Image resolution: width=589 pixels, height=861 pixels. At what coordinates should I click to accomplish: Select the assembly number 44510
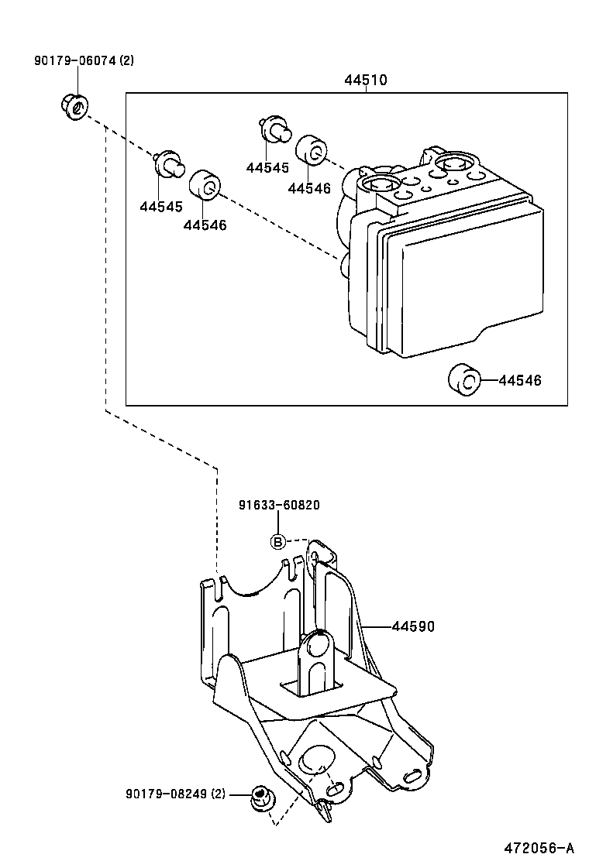click(x=366, y=80)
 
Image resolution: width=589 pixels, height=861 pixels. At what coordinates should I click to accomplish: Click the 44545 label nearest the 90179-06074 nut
click(x=161, y=207)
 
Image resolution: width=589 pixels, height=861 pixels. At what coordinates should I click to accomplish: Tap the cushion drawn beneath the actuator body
click(x=464, y=379)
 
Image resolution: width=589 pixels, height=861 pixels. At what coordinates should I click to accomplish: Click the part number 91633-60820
click(x=279, y=505)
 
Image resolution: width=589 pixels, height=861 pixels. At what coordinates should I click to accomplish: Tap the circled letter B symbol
click(x=277, y=541)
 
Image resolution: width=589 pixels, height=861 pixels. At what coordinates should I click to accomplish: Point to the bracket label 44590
click(x=413, y=626)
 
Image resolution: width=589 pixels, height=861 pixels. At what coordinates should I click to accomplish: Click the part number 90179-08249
click(x=165, y=794)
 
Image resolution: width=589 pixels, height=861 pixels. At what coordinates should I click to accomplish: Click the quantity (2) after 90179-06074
click(x=124, y=60)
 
